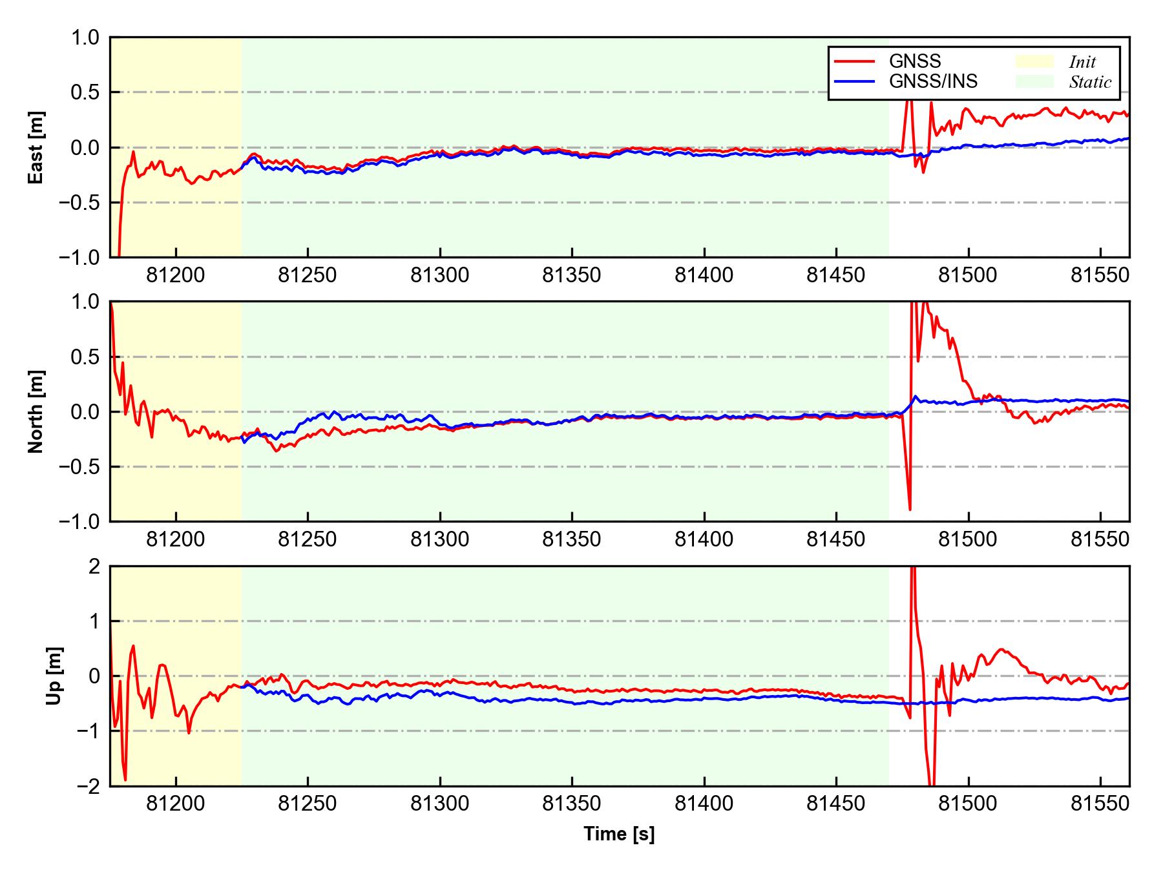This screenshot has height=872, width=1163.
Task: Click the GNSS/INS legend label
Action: point(933,81)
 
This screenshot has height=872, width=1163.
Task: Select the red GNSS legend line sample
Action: point(855,61)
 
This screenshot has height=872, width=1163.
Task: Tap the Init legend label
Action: point(1082,62)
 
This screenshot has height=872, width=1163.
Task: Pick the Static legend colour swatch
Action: point(1034,81)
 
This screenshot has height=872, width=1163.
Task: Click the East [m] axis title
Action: point(36,147)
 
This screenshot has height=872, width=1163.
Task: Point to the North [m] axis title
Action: point(36,411)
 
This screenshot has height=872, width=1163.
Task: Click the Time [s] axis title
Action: point(619,834)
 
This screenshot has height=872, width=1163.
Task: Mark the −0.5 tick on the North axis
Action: point(80,466)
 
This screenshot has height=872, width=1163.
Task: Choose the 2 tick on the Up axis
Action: point(95,566)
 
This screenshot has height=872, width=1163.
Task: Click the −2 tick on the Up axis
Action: point(89,786)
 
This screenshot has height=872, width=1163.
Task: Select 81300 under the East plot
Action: point(440,276)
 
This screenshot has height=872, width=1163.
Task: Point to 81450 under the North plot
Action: point(836,539)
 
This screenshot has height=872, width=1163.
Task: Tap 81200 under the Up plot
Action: point(176,804)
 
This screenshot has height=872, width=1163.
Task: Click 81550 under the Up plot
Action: point(1100,804)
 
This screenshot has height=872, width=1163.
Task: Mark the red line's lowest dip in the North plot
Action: point(910,510)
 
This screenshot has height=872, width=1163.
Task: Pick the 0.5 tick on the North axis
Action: point(87,357)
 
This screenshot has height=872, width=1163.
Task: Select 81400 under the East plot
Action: point(704,276)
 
